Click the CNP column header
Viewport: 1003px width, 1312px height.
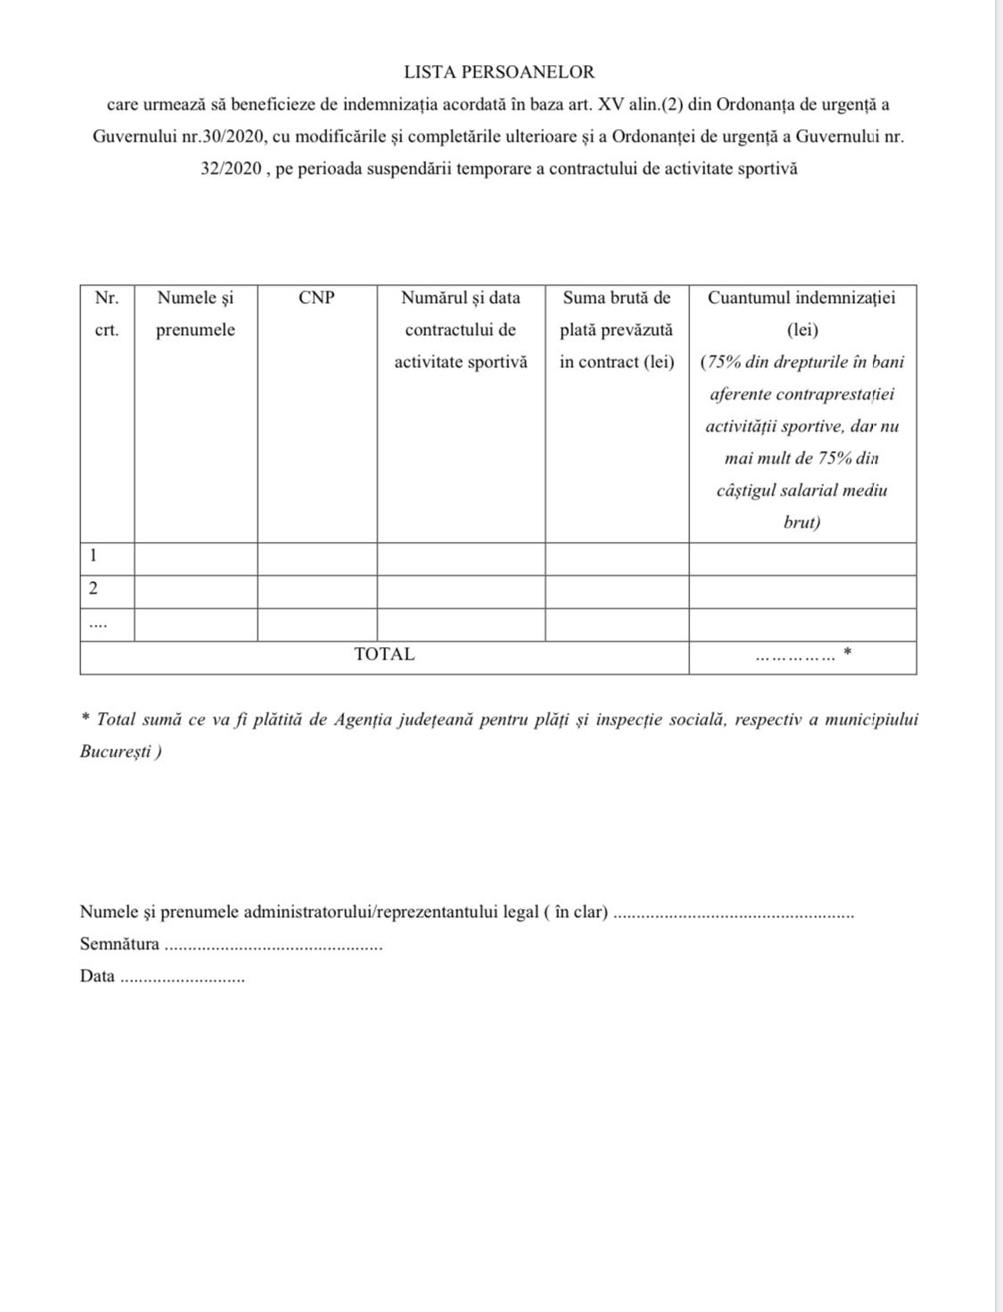pyautogui.click(x=317, y=298)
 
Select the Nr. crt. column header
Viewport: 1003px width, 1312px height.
pyautogui.click(x=107, y=314)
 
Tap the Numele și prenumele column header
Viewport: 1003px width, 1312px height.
pyautogui.click(x=195, y=314)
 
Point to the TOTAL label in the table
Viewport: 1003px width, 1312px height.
pyautogui.click(x=384, y=654)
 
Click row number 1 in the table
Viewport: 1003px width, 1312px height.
pyautogui.click(x=94, y=557)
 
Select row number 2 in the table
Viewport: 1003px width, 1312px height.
pyautogui.click(x=94, y=589)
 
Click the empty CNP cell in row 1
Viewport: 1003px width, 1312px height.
pyautogui.click(x=317, y=559)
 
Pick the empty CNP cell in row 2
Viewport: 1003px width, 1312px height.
pyautogui.click(x=317, y=592)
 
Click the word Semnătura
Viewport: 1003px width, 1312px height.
pyautogui.click(x=119, y=944)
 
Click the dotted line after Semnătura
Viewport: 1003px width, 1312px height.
pyautogui.click(x=274, y=947)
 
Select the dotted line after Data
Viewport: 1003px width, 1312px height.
pyautogui.click(x=182, y=979)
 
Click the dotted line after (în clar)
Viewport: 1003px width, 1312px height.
pyautogui.click(x=735, y=914)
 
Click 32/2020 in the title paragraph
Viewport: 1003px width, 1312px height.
pyautogui.click(x=230, y=168)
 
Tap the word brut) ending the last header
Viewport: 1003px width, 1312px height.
pyautogui.click(x=802, y=522)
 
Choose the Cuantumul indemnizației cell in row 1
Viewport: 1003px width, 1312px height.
pyautogui.click(x=802, y=559)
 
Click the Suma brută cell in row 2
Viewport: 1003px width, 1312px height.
pyautogui.click(x=616, y=592)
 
